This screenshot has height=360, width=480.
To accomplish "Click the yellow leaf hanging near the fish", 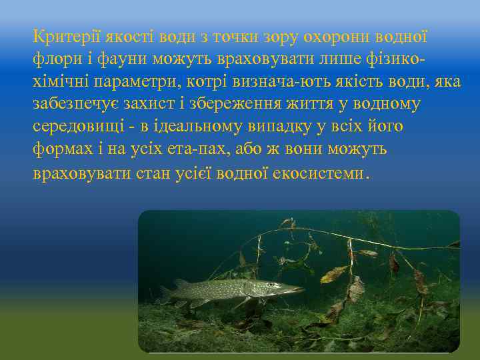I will click(x=333, y=273).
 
